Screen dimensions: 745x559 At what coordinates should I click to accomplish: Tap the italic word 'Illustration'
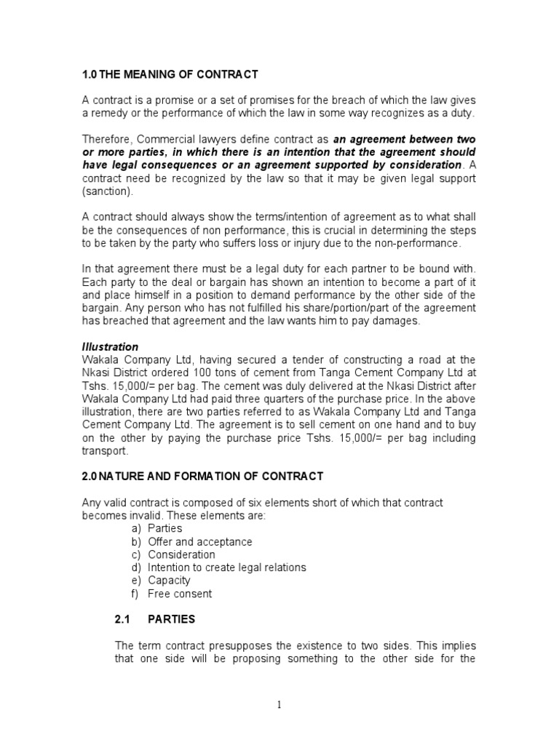click(x=110, y=347)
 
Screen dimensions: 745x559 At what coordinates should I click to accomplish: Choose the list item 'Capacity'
click(x=169, y=581)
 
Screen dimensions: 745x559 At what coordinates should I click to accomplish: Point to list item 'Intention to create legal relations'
click(x=226, y=567)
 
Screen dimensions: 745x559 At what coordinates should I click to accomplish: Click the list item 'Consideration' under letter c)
click(x=181, y=554)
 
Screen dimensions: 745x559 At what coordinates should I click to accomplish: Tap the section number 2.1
click(x=122, y=620)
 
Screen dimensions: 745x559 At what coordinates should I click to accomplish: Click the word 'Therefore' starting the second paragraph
click(x=107, y=139)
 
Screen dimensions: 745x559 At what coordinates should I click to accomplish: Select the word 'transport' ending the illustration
click(x=103, y=450)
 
